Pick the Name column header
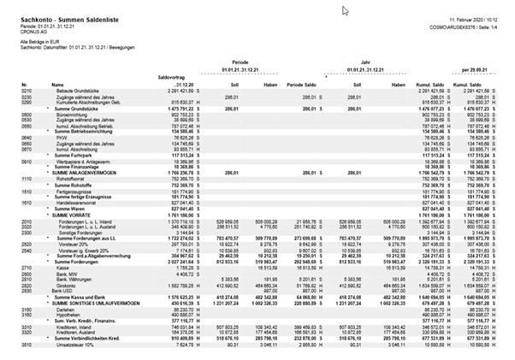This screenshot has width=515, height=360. pyautogui.click(x=58, y=84)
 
